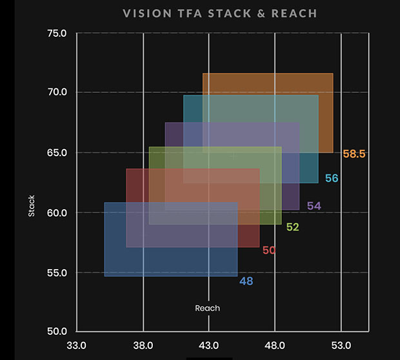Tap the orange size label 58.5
pos(354,154)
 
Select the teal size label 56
pos(332,178)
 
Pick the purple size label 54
pos(314,206)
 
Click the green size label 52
pos(293,227)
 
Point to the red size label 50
pos(269,250)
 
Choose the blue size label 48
pos(246,281)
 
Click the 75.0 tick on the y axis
pos(57,34)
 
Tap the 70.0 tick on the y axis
pos(57,92)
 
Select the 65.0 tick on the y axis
pos(57,153)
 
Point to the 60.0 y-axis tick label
pos(57,212)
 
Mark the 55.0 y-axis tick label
pos(57,272)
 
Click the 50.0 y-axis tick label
pos(57,332)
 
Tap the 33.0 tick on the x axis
pos(77,345)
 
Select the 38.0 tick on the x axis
pos(143,345)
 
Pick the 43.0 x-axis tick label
pos(209,345)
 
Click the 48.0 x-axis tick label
pos(275,345)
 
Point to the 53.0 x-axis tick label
pos(341,345)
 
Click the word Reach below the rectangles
pos(208,308)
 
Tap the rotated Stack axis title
pos(32,205)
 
